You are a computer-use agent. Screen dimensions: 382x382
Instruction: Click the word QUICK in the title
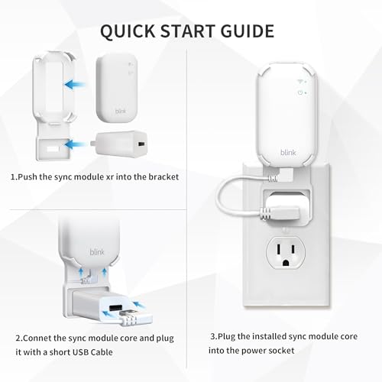click(x=128, y=31)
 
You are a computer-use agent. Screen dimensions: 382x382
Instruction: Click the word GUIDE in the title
click(x=248, y=31)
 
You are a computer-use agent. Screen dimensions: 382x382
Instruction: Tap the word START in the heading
click(x=188, y=31)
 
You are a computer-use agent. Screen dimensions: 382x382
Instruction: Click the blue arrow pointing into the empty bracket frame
click(x=75, y=84)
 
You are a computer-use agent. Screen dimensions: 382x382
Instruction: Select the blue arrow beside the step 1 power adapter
click(x=75, y=144)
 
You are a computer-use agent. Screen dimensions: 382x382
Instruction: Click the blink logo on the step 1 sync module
click(x=121, y=112)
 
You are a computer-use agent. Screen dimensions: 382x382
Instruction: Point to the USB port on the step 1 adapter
click(x=141, y=144)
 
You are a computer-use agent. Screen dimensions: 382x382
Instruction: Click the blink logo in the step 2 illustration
click(x=97, y=252)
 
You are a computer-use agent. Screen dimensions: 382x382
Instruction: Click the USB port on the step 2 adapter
click(x=115, y=308)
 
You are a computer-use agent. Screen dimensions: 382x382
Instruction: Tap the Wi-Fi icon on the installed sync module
click(x=300, y=82)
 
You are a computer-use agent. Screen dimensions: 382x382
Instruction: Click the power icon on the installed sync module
click(x=300, y=93)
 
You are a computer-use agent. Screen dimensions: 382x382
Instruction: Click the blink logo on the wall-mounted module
click(x=288, y=152)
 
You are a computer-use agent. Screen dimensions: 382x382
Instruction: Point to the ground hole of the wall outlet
click(x=286, y=262)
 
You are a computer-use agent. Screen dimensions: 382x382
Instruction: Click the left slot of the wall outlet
click(x=279, y=249)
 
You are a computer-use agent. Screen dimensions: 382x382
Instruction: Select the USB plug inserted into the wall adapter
click(x=280, y=213)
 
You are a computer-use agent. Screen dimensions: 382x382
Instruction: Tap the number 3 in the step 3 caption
click(x=213, y=336)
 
